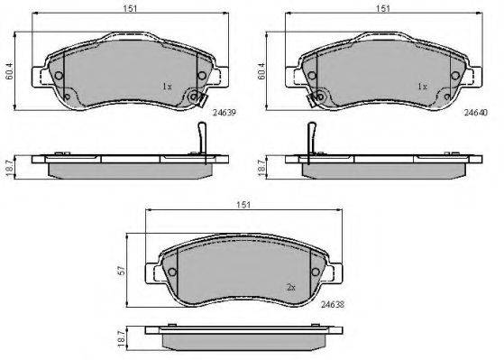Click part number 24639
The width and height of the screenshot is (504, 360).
tap(225, 113)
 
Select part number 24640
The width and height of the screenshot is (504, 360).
tap(476, 112)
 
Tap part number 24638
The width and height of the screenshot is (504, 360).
tap(333, 304)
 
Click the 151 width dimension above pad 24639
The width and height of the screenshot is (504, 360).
tap(130, 8)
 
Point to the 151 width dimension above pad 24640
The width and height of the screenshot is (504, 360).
tap(383, 8)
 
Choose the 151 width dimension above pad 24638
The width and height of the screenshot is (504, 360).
tap(243, 205)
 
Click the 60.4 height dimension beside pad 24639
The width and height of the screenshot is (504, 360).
tap(10, 71)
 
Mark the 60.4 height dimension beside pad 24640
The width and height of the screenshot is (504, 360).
tap(261, 71)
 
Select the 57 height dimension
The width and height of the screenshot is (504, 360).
tap(122, 271)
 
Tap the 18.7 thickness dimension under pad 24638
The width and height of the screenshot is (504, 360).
tap(122, 337)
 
